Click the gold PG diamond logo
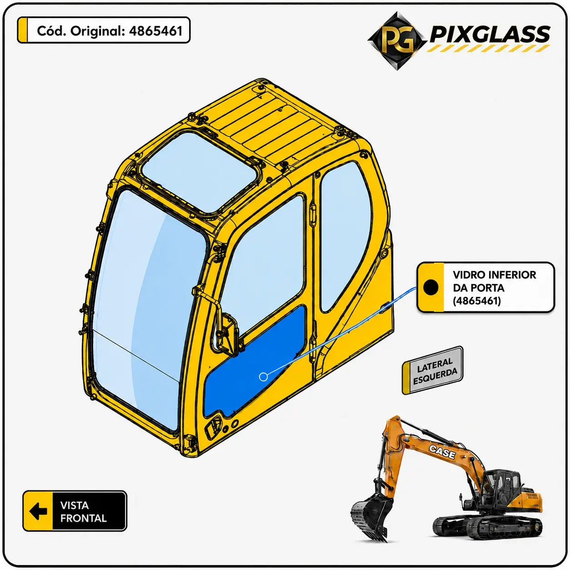tap(397, 41)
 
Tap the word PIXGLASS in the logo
tap(490, 35)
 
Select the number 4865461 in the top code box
tap(155, 31)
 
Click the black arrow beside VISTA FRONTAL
tap(38, 511)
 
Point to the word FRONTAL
tap(84, 518)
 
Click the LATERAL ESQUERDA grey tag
tap(432, 370)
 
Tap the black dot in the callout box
tap(430, 287)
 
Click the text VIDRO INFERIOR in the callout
tap(494, 275)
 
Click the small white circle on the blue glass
tap(263, 377)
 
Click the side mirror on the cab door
tap(226, 333)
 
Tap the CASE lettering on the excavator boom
tap(442, 452)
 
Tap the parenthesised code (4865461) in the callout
tap(477, 301)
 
